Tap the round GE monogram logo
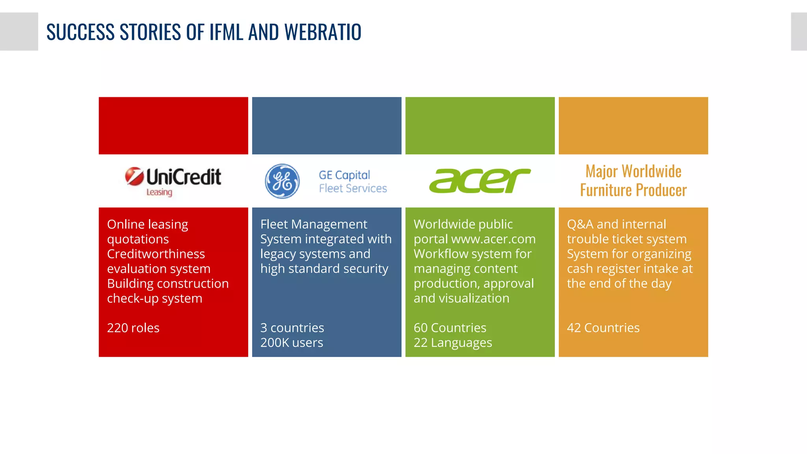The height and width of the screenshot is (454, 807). (282, 181)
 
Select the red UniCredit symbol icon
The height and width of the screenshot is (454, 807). (134, 176)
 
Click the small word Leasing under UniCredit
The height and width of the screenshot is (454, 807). (159, 192)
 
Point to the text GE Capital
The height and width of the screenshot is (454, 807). (344, 175)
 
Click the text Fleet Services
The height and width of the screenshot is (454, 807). (353, 188)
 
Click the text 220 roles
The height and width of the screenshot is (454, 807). (133, 328)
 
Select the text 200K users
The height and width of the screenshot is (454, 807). (292, 342)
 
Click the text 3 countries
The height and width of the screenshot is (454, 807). (292, 328)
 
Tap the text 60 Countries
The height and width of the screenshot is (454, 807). (450, 328)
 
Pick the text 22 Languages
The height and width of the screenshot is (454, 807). (453, 342)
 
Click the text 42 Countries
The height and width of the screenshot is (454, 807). (603, 328)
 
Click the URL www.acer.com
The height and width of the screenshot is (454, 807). (493, 239)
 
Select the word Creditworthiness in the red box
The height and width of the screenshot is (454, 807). (156, 254)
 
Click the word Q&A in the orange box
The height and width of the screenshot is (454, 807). (580, 224)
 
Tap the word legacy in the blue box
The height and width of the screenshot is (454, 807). (278, 254)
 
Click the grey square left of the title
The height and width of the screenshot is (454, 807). (19, 32)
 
